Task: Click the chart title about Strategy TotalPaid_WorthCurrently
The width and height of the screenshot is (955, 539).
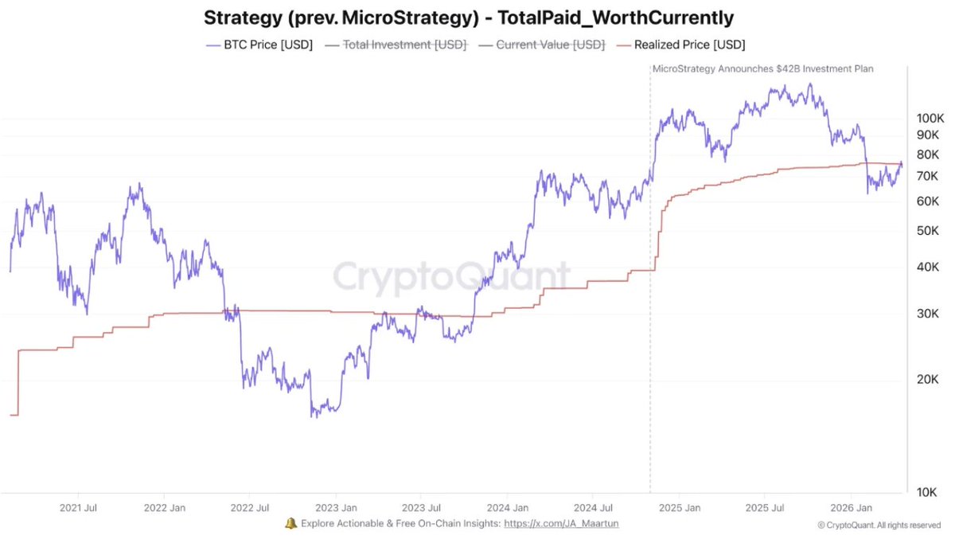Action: click(468, 17)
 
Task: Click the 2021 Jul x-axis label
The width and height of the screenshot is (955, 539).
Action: click(79, 507)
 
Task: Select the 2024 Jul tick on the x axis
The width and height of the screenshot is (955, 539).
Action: click(594, 507)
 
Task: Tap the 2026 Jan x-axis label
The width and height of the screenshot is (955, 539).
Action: click(852, 507)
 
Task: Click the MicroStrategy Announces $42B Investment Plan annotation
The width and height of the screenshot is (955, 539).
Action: click(762, 69)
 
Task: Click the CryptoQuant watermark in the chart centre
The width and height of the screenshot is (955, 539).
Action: click(451, 277)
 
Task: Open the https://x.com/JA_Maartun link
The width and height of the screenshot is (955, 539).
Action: click(561, 524)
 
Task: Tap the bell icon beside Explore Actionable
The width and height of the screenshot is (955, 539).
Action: click(290, 523)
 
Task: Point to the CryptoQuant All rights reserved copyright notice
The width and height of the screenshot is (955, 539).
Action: click(879, 525)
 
